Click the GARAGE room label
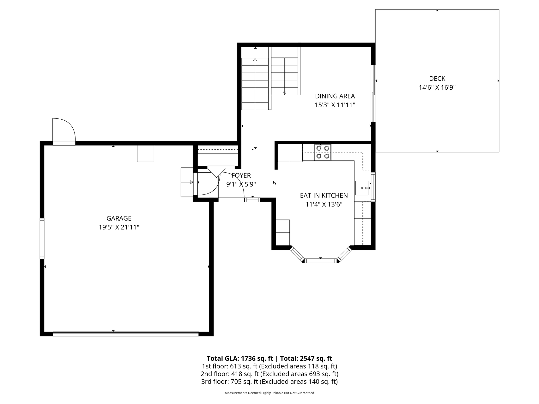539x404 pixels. click(119, 218)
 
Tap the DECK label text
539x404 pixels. click(437, 79)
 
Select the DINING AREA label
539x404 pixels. click(335, 96)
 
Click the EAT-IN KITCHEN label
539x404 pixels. click(324, 195)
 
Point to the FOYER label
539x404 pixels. click(241, 175)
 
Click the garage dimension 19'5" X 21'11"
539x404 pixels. click(119, 227)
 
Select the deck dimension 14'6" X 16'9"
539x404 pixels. click(437, 87)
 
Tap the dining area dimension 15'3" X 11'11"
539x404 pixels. click(335, 105)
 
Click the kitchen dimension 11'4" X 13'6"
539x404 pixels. click(324, 204)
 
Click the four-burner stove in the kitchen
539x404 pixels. click(323, 152)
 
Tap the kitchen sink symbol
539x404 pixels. click(362, 188)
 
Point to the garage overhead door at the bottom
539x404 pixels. click(125, 334)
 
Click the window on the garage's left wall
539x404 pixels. click(42, 238)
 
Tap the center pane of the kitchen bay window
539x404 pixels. click(321, 261)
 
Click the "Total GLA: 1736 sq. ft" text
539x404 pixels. click(240, 358)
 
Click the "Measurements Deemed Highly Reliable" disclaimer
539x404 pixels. click(269, 393)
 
